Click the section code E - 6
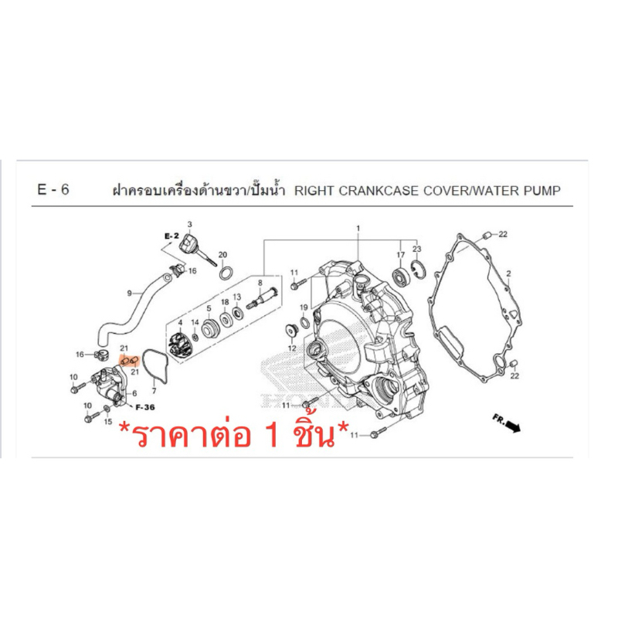click(53, 189)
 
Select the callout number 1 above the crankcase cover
click(358, 229)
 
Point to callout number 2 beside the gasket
click(508, 273)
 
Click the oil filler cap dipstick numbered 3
click(196, 250)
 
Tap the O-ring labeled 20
click(226, 273)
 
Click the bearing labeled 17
click(402, 276)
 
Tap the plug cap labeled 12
click(291, 330)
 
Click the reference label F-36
click(145, 407)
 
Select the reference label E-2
click(171, 236)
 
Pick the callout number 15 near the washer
click(108, 422)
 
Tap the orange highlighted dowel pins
click(129, 361)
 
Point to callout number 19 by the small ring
click(304, 307)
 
